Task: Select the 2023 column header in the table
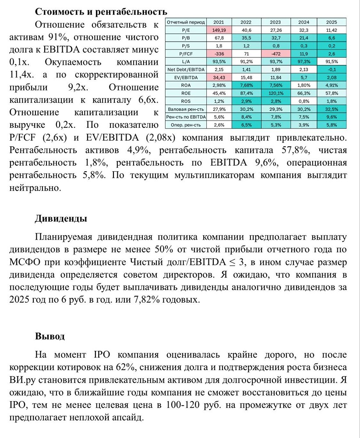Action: tap(275, 22)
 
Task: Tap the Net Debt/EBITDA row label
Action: tap(184, 69)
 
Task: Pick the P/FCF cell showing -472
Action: tap(275, 54)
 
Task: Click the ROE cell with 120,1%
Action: tap(275, 93)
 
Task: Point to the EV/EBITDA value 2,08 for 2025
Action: tap(332, 77)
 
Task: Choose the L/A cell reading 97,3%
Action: tap(304, 61)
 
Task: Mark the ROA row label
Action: tap(184, 85)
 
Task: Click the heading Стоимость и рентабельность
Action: tap(101, 11)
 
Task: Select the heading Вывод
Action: tap(50, 336)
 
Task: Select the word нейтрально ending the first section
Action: tap(35, 188)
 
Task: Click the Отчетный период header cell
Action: tap(184, 22)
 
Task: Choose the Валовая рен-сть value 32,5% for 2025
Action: tap(332, 109)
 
